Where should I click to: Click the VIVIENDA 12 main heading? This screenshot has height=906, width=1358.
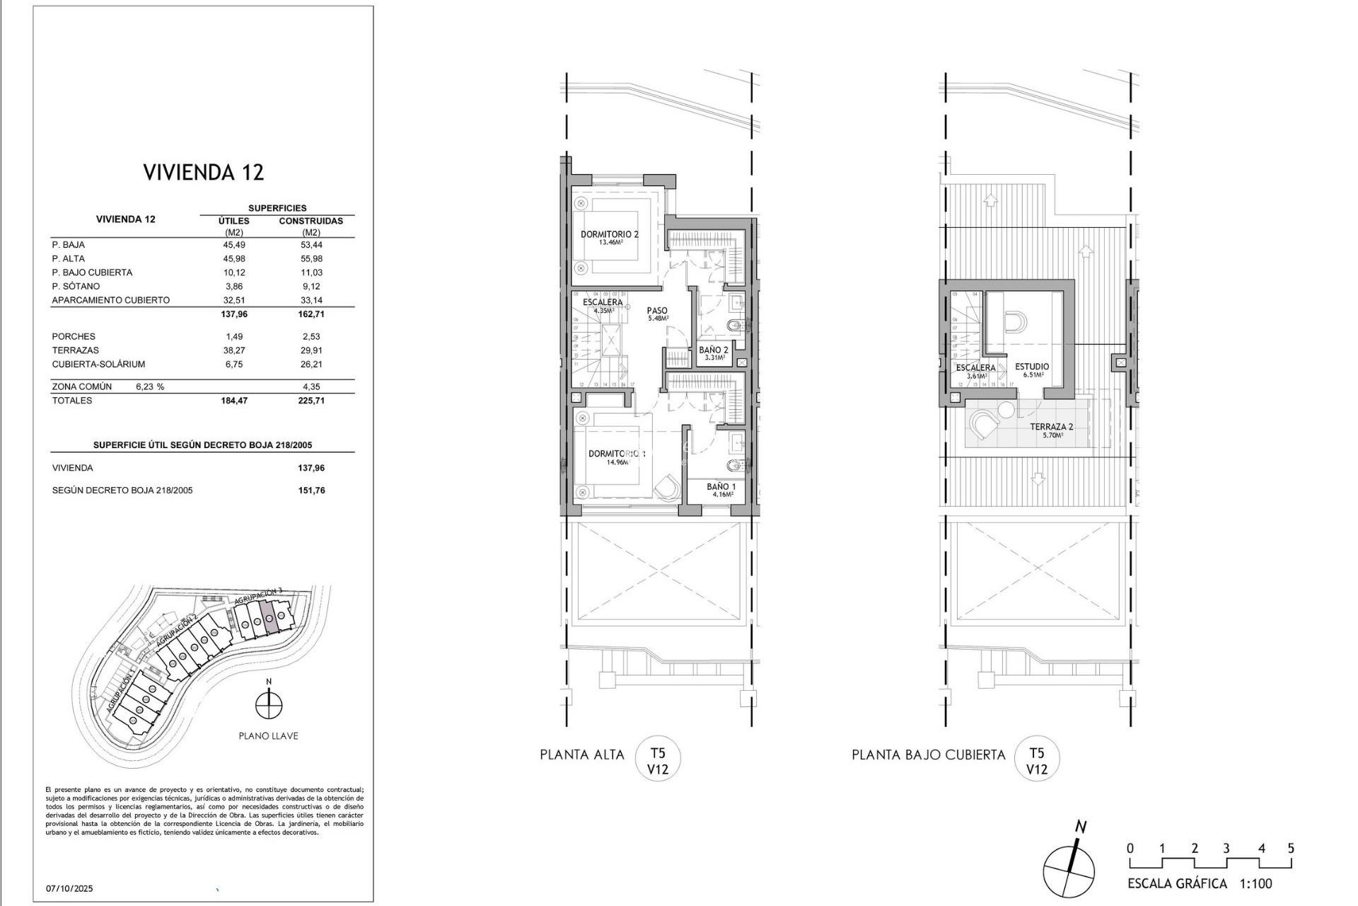(x=204, y=173)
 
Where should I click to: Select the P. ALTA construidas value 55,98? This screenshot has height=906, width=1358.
(x=311, y=258)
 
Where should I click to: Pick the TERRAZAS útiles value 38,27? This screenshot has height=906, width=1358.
(x=234, y=350)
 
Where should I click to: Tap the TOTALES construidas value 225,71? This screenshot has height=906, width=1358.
(x=311, y=401)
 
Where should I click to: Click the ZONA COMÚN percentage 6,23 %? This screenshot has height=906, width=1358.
(x=149, y=387)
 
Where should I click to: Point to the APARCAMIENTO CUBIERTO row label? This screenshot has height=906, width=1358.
(x=110, y=300)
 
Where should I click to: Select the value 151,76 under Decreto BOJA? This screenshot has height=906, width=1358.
(x=311, y=491)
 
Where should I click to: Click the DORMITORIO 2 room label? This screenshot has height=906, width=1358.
(x=610, y=234)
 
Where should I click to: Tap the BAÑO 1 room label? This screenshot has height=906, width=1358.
(x=721, y=487)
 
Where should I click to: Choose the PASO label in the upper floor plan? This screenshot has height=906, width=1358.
(x=657, y=311)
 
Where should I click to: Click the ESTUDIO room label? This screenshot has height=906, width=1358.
(x=1032, y=367)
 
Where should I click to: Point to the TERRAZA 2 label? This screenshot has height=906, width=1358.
(x=1052, y=427)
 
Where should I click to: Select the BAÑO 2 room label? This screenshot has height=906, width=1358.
(x=714, y=350)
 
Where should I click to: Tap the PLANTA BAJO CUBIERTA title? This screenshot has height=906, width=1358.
(x=928, y=755)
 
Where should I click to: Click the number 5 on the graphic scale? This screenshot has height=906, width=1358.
(x=1291, y=848)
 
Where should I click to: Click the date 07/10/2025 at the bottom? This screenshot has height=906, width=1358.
(x=70, y=888)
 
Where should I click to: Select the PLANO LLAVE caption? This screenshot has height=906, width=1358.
(x=268, y=736)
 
